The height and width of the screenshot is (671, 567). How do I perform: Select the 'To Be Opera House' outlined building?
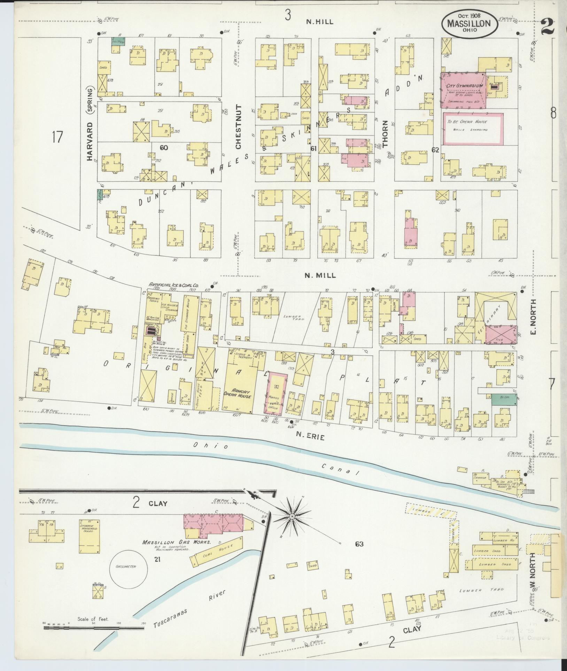[x=473, y=128]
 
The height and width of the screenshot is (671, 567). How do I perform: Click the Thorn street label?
[x=385, y=134]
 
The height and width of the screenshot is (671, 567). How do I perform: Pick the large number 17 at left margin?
[x=57, y=136]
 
